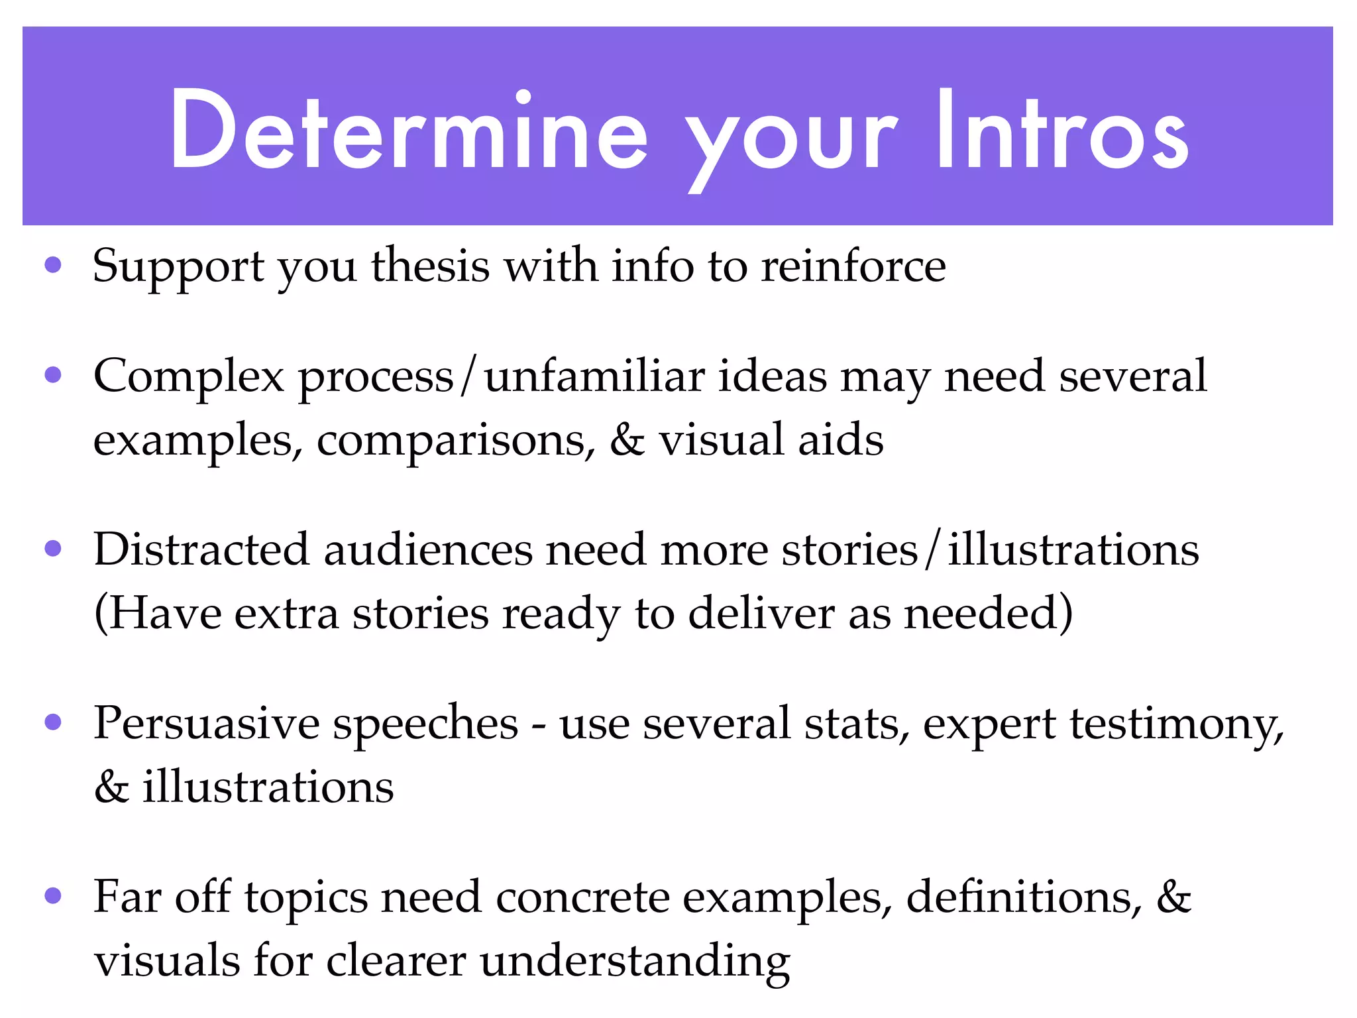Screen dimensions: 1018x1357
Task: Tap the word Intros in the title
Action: pos(1061,131)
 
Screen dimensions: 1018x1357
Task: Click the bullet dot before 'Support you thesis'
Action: pos(53,266)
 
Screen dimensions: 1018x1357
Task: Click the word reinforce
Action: pos(853,266)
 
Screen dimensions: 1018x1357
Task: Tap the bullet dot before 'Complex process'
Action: pos(53,376)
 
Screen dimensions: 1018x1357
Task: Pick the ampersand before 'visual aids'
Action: pos(627,440)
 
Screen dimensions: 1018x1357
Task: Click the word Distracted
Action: pos(201,549)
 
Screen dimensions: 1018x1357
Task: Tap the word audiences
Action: pos(428,551)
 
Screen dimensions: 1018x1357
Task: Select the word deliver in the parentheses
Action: pos(761,613)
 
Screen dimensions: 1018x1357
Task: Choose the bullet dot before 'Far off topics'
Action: pos(53,896)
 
